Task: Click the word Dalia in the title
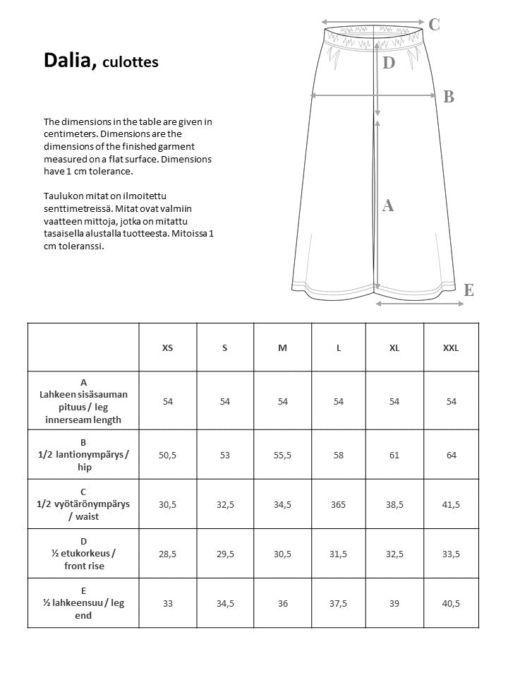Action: tap(69, 61)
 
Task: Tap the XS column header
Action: tap(167, 348)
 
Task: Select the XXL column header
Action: tap(451, 348)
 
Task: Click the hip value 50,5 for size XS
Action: tap(167, 455)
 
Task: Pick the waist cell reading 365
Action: tap(339, 505)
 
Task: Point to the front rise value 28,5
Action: tap(167, 554)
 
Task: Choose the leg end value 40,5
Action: tap(451, 602)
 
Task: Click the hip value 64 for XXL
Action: tap(451, 455)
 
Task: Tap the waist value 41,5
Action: tap(451, 505)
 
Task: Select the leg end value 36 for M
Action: tap(282, 602)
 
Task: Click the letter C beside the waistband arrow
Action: tap(434, 25)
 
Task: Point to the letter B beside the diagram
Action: tap(448, 97)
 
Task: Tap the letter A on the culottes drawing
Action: tap(387, 206)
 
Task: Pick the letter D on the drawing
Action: tap(388, 64)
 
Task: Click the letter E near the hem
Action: tap(468, 290)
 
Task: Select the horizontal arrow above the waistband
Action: tap(372, 22)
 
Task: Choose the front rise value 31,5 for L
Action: tap(339, 554)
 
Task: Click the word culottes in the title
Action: tap(131, 63)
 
